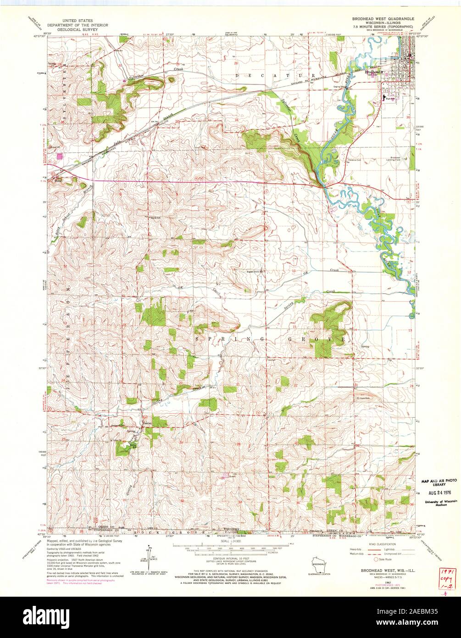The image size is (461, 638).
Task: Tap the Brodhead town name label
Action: tap(372, 72)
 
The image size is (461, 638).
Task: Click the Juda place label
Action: tap(57, 180)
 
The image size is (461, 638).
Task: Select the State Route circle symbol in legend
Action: tap(378, 560)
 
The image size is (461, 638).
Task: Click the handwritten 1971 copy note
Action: tap(443, 579)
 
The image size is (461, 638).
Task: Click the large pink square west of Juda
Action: tap(59, 156)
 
